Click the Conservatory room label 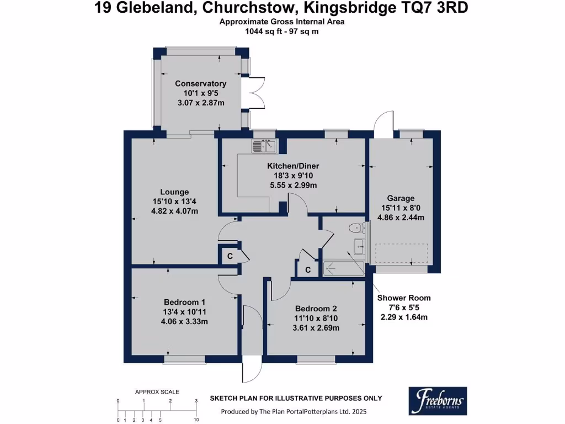(200, 84)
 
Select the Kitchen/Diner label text (293, 166)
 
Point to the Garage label (401, 198)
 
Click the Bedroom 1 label (184, 302)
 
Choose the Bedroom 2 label (316, 309)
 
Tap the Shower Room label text (404, 298)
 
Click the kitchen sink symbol (264, 146)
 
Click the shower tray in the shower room (343, 268)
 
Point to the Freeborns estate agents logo (438, 401)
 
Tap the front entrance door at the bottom (252, 368)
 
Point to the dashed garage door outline (401, 253)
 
